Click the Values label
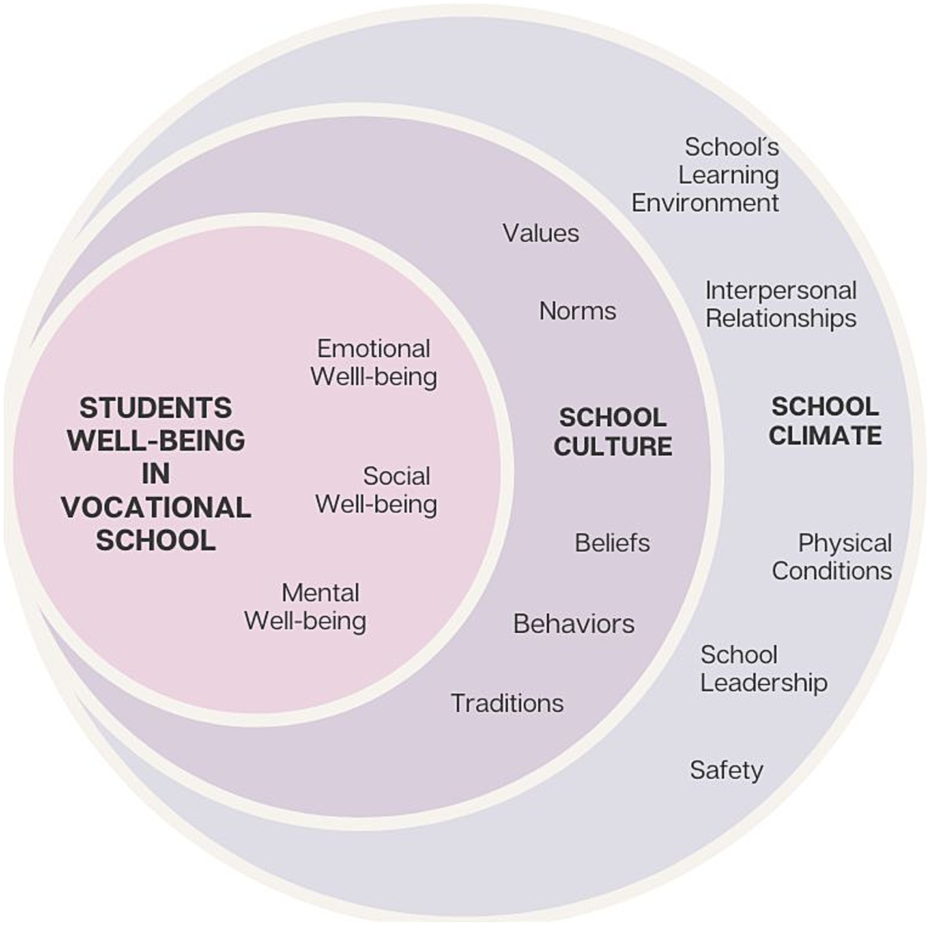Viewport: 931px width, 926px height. coord(540,233)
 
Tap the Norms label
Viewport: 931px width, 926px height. coord(577,311)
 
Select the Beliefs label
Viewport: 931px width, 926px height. coord(612,543)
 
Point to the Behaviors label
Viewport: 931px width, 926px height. coord(573,624)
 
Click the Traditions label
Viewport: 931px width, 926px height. coord(507,703)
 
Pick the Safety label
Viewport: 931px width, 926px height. coord(726,770)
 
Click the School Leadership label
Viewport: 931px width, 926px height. coord(763,669)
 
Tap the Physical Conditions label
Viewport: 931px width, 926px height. coord(832,557)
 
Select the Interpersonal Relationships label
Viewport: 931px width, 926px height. coord(781,304)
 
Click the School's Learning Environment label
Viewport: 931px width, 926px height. coord(706,175)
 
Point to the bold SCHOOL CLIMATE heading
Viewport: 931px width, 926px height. coord(825,421)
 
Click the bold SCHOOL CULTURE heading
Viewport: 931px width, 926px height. coord(612,431)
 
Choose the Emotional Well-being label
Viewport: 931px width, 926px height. coord(373,362)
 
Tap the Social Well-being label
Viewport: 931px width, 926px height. coord(376,490)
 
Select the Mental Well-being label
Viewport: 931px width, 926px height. coord(305,607)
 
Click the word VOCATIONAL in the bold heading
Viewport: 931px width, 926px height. coord(156,508)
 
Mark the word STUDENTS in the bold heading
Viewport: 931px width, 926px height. coord(156,409)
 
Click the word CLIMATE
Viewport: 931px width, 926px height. coord(825,435)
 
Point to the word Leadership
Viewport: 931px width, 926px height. coord(764,683)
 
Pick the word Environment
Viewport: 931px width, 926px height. coord(705,203)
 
